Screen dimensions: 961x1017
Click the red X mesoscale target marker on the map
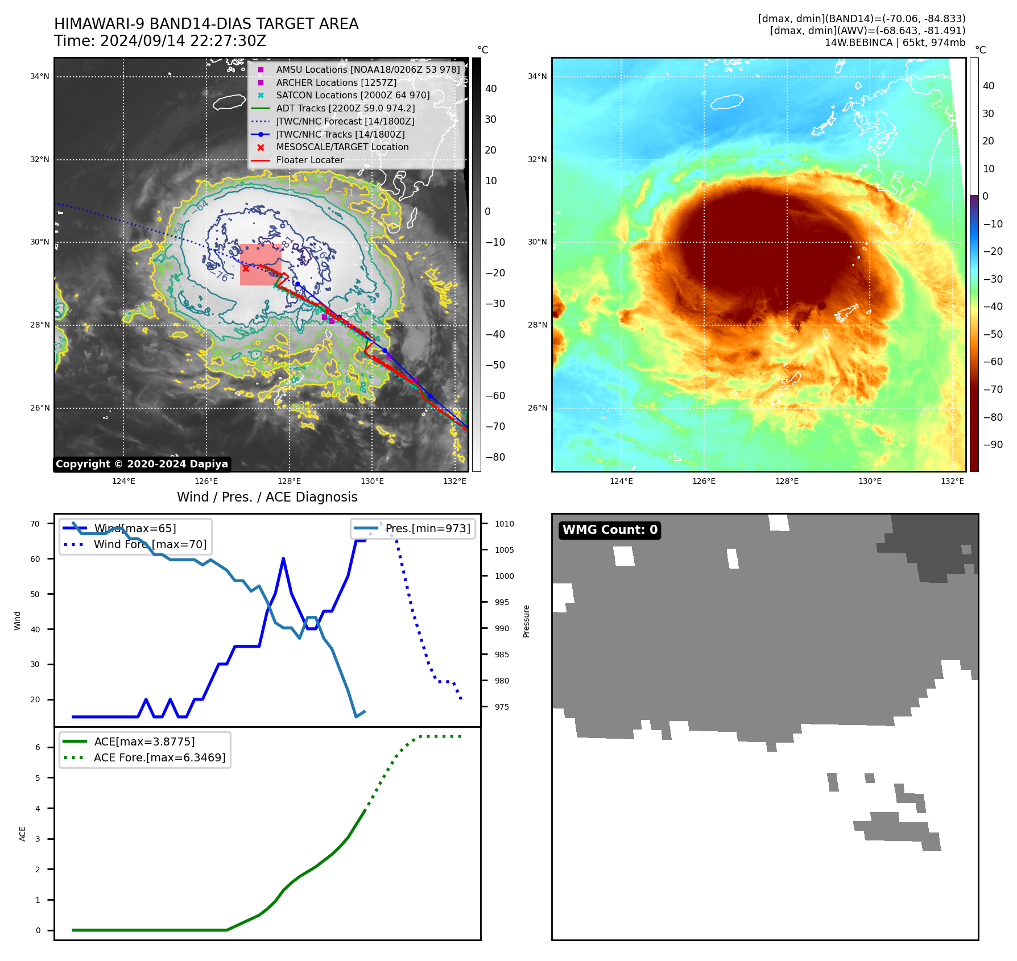click(246, 269)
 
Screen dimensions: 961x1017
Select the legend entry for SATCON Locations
click(353, 96)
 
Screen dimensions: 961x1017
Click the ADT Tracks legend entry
click(345, 109)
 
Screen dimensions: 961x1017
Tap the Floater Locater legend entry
click(309, 160)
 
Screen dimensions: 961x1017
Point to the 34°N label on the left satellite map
click(40, 77)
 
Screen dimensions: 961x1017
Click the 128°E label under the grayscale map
click(289, 482)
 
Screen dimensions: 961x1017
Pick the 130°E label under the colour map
click(870, 482)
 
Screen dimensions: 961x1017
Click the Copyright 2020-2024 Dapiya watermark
click(142, 464)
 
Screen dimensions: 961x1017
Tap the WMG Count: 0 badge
click(610, 530)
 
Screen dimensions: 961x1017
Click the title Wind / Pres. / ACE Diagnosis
click(267, 498)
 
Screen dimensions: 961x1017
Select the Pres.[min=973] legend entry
click(428, 529)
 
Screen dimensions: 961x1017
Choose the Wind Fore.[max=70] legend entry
click(150, 545)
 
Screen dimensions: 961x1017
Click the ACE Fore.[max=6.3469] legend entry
click(159, 758)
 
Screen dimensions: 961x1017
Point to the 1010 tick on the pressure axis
click(504, 524)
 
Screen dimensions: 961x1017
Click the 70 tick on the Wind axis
click(35, 524)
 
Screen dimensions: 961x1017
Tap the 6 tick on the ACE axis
click(38, 748)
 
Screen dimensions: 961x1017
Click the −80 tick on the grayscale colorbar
click(495, 457)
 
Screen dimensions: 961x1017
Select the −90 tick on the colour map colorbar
click(993, 445)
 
